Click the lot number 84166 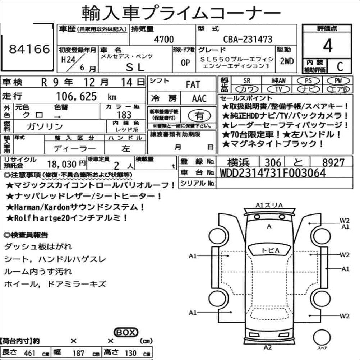coord(29,49)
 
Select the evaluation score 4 coord(328,46)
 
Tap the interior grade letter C coord(340,66)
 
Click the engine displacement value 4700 coord(164,39)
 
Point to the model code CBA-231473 coord(248,39)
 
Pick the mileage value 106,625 coord(77,96)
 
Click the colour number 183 coord(124,115)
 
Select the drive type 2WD coord(287,61)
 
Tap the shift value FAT coord(193,85)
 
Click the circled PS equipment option coord(308,80)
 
